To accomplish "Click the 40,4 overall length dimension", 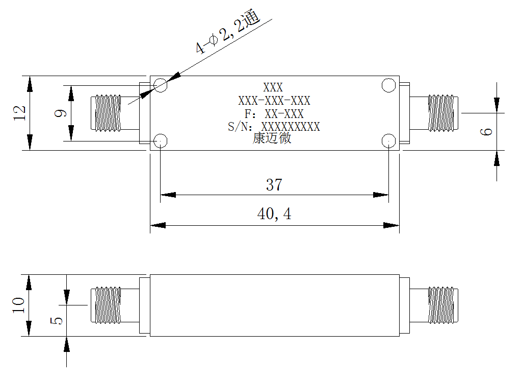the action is (274, 214).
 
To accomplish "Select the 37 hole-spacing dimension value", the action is (274, 185).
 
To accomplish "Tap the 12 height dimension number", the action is (19, 113).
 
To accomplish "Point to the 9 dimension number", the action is (60, 113).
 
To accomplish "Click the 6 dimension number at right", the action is (486, 131).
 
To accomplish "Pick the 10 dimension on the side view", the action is (18, 305).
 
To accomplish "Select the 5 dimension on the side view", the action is (56, 321).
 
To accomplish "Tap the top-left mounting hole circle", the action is (161, 85).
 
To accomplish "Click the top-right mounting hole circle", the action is (388, 85).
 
